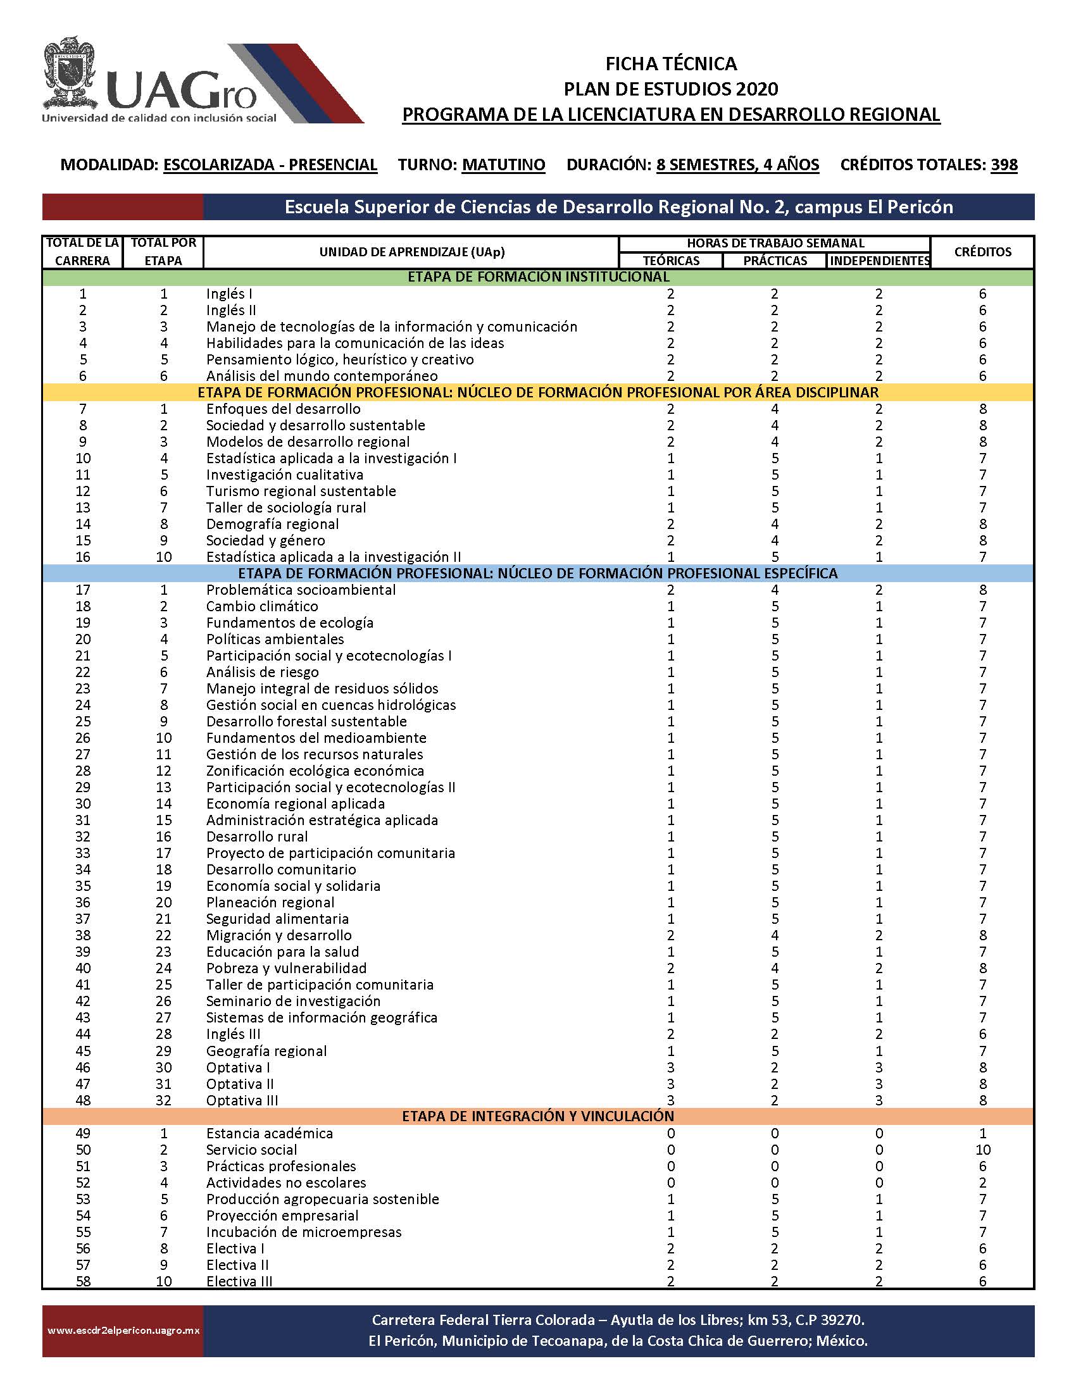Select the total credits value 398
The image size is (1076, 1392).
[1004, 165]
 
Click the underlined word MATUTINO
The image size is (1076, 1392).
[503, 165]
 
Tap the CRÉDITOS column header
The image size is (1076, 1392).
[982, 252]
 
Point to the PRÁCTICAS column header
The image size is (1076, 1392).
[775, 261]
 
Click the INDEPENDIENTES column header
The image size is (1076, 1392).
[879, 261]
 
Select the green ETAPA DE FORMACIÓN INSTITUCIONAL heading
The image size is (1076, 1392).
[538, 277]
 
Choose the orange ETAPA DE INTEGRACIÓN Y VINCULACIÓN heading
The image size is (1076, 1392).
[538, 1117]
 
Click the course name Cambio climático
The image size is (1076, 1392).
[262, 606]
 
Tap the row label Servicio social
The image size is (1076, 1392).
[251, 1150]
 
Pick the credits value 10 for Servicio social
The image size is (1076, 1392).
[982, 1150]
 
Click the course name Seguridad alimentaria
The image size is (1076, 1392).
[277, 919]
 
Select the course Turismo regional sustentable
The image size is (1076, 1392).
[301, 492]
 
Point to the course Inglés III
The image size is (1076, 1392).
[234, 1034]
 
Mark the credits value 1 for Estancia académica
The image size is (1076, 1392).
[982, 1133]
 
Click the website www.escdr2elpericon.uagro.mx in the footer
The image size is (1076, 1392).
[123, 1331]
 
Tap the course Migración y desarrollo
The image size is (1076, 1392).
[278, 935]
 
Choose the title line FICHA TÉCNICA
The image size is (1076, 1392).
[670, 64]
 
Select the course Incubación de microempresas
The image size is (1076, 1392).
[303, 1232]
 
